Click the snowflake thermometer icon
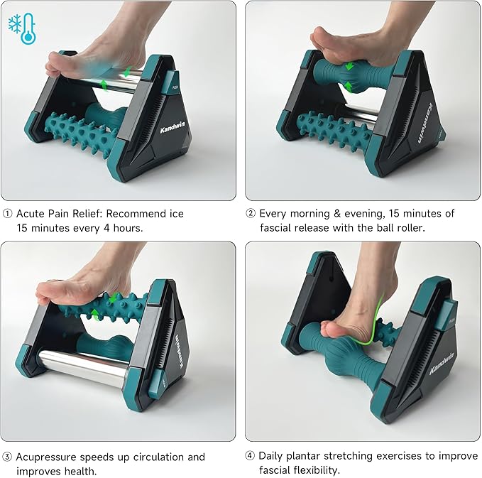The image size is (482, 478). click(21, 27)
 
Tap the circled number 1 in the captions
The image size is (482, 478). click(8, 214)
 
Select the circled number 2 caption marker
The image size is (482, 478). click(251, 214)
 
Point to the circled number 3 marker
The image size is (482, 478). click(8, 457)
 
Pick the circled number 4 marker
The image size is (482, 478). click(251, 456)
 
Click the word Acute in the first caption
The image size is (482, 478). click(31, 214)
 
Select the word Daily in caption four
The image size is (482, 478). click(272, 456)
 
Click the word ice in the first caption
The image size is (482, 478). click(176, 214)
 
